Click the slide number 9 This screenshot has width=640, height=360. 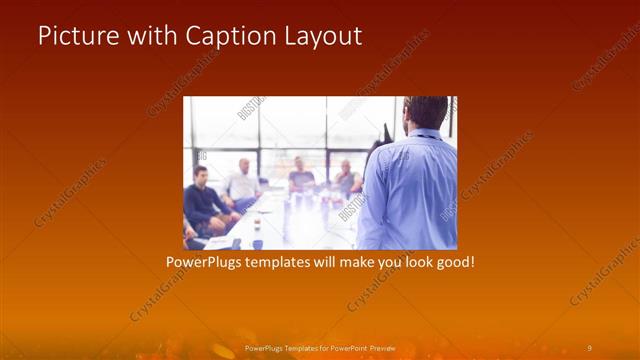(589, 347)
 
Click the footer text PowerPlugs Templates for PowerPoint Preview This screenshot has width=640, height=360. (320, 347)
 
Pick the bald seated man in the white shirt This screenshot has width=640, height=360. (243, 180)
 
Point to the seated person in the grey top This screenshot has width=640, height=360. (300, 177)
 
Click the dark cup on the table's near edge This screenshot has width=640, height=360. (257, 243)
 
